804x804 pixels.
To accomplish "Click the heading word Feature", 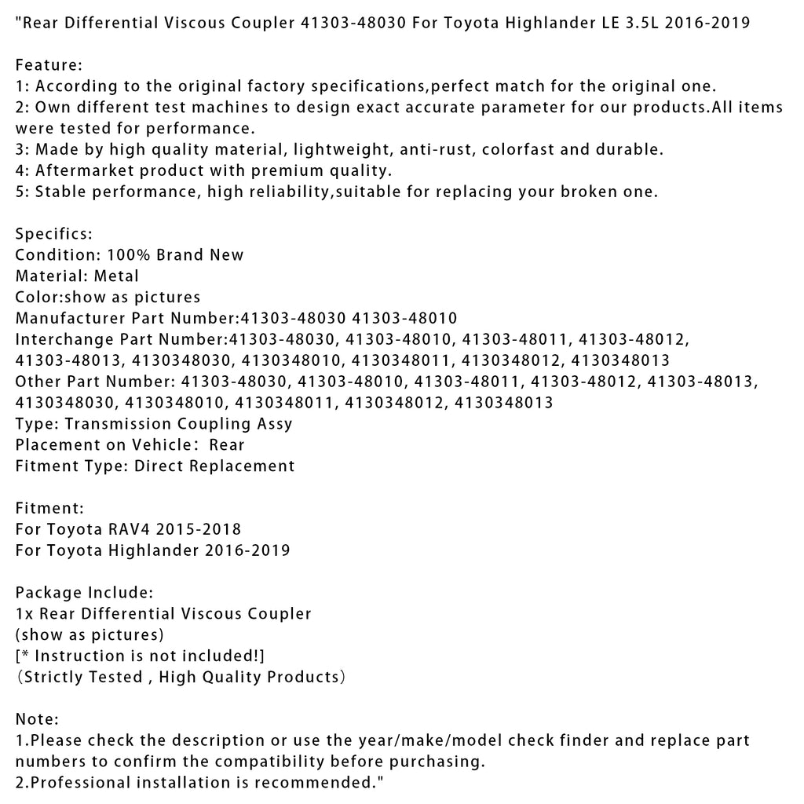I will tap(46, 64).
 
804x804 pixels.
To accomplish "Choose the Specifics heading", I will tap(53, 234).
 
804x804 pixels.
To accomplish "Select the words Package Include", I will tap(84, 593).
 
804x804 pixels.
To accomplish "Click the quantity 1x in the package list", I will tap(24, 614).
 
